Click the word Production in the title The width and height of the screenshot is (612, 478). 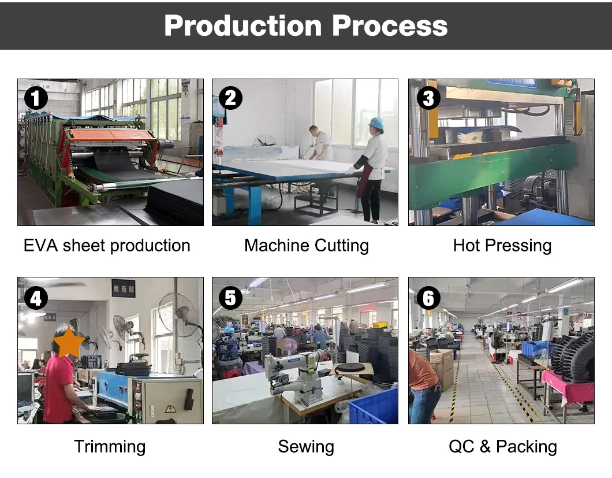coord(242,26)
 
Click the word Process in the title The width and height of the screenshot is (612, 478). coord(390,26)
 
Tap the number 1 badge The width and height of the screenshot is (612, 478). coord(36,98)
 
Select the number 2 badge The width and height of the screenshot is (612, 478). coord(231,98)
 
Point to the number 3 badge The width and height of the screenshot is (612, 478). coord(428,98)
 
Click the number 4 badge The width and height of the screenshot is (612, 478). coord(36,298)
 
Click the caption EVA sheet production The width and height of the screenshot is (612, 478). coord(107,246)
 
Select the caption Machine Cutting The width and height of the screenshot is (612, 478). coord(307,246)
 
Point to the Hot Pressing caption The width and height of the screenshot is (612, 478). coord(502,246)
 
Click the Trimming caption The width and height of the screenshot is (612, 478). coord(110,447)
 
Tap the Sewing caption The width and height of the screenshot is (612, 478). coord(306,447)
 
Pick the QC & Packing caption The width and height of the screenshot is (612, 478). coord(503,446)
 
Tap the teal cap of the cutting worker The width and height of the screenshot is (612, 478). coord(376,123)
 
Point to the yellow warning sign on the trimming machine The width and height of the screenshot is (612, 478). coord(170,409)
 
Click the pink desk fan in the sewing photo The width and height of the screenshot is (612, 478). coord(290,347)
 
